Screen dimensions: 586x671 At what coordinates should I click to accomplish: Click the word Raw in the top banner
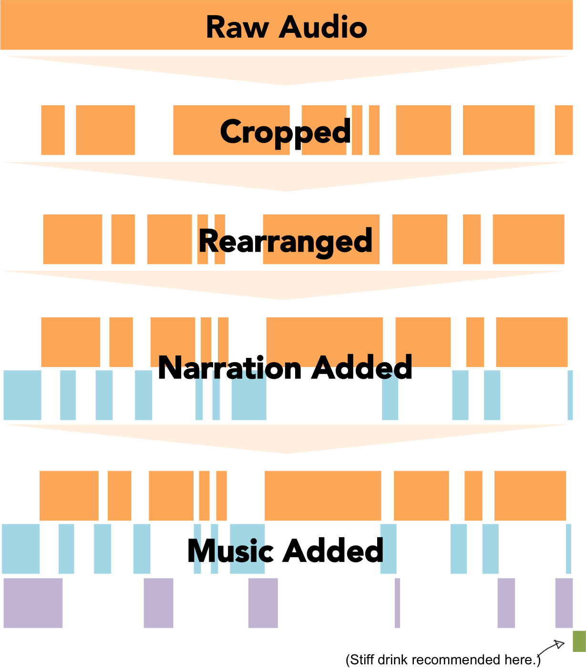click(237, 27)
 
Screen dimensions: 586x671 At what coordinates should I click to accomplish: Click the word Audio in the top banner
click(323, 27)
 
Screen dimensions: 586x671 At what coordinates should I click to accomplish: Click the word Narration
click(230, 368)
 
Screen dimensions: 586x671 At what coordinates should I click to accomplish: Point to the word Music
click(230, 551)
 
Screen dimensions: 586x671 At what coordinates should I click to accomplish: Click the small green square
click(579, 641)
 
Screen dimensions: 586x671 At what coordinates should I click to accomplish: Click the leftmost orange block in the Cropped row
click(53, 130)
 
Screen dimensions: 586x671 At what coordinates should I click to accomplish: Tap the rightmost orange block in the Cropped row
click(564, 130)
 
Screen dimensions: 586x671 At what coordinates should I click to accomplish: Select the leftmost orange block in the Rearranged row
click(72, 239)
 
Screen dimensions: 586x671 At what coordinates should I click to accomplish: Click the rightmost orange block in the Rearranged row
click(529, 239)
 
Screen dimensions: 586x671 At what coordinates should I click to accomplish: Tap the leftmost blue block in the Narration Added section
click(22, 395)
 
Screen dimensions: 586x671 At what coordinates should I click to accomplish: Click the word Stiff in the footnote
click(362, 660)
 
